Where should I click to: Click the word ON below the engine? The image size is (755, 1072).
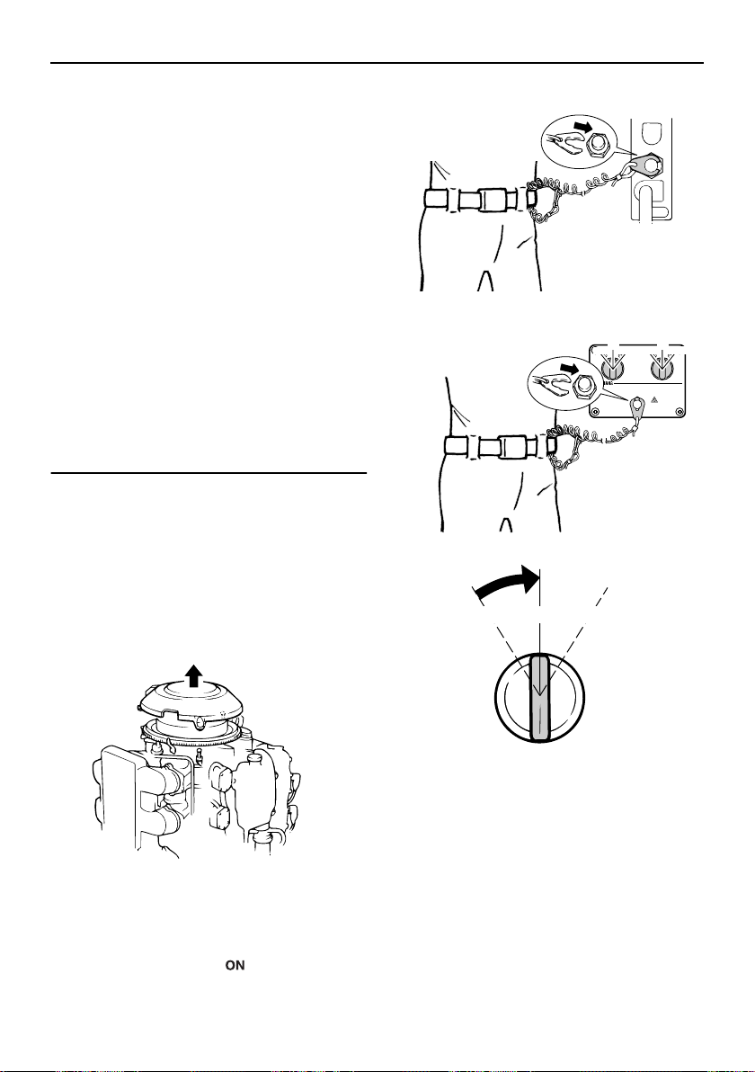coord(235,965)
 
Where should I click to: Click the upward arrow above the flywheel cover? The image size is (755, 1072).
coord(195,674)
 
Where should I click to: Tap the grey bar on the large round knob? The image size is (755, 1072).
coord(540,697)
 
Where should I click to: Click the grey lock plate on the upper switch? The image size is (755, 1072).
coord(648,165)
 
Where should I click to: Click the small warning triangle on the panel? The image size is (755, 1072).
coord(654,398)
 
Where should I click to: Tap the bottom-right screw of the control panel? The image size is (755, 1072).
coord(678,411)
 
